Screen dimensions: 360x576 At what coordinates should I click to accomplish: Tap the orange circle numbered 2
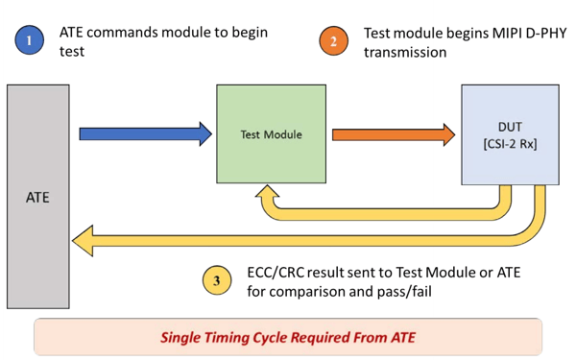coord(334,42)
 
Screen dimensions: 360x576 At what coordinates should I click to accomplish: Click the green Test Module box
coord(271,134)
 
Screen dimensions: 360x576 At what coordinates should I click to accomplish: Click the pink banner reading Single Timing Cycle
coord(288,338)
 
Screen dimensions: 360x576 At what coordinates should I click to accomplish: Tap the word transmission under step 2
coord(405,53)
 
